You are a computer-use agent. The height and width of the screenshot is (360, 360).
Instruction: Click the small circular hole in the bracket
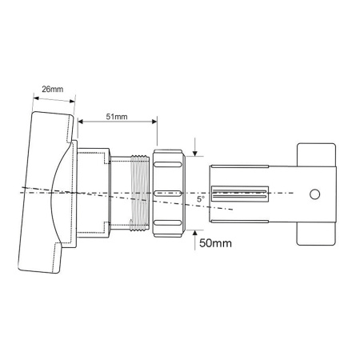[316, 194]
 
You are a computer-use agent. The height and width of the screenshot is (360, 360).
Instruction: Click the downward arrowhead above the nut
[196, 153]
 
